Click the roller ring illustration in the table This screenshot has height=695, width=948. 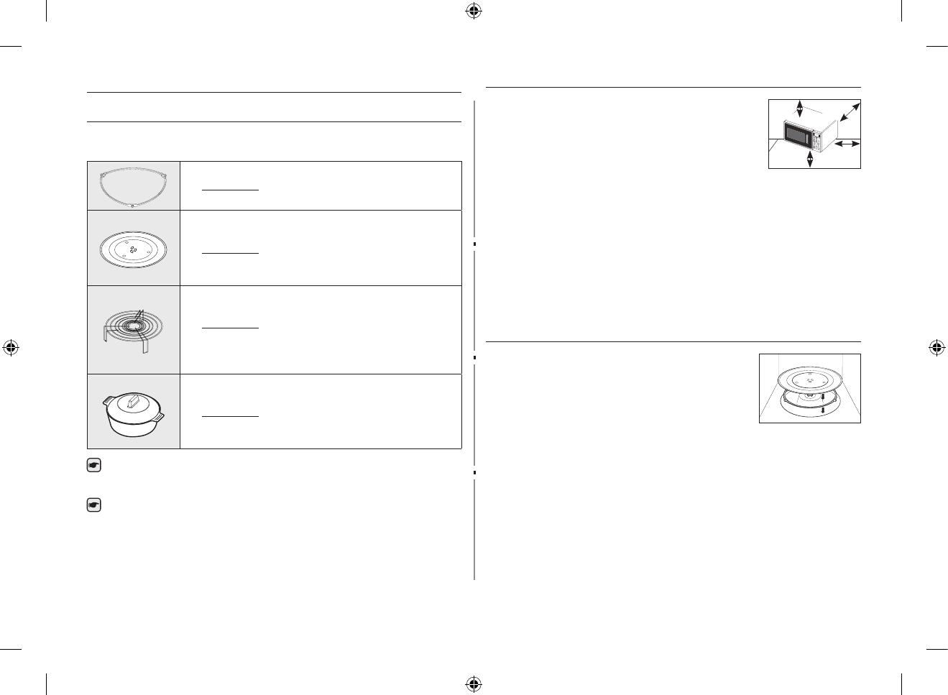pyautogui.click(x=134, y=186)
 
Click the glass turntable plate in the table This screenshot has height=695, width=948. pyautogui.click(x=134, y=249)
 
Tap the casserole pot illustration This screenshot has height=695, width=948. pyautogui.click(x=134, y=413)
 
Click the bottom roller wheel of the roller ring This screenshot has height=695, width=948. pyautogui.click(x=134, y=206)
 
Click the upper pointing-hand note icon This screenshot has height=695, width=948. pyautogui.click(x=93, y=466)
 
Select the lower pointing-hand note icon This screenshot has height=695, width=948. pyautogui.click(x=93, y=506)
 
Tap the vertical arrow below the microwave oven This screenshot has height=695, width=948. pyautogui.click(x=811, y=159)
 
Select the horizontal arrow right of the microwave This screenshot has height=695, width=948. pyautogui.click(x=846, y=144)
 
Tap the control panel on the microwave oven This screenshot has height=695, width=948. pyautogui.click(x=818, y=135)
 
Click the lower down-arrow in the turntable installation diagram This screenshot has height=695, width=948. pyautogui.click(x=822, y=410)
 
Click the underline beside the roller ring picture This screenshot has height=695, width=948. pyautogui.click(x=230, y=190)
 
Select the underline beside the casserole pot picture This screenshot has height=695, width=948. pyautogui.click(x=230, y=416)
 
